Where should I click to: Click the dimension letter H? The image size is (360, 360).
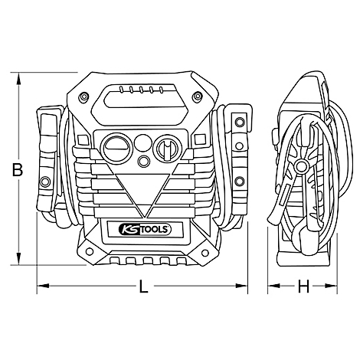point(303,287)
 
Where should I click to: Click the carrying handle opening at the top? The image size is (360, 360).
point(143,99)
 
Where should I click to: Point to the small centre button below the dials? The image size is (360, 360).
point(143,161)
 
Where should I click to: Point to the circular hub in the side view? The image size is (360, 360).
point(299,170)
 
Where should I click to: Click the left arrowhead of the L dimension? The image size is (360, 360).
point(40,287)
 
